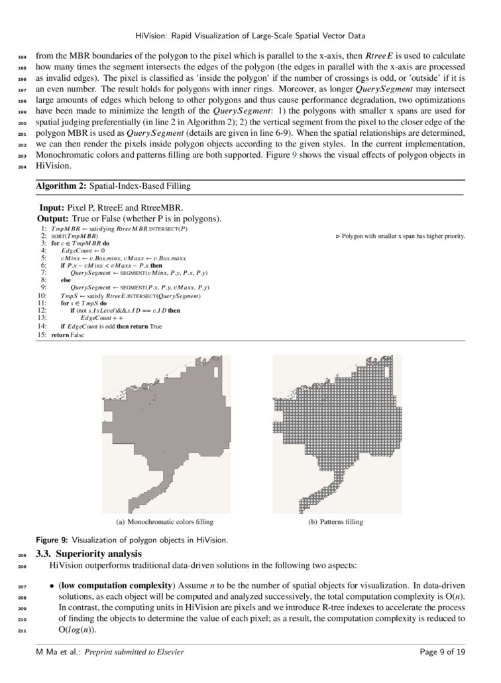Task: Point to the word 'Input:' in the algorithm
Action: pos(52,207)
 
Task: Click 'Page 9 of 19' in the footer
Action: pos(443,653)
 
